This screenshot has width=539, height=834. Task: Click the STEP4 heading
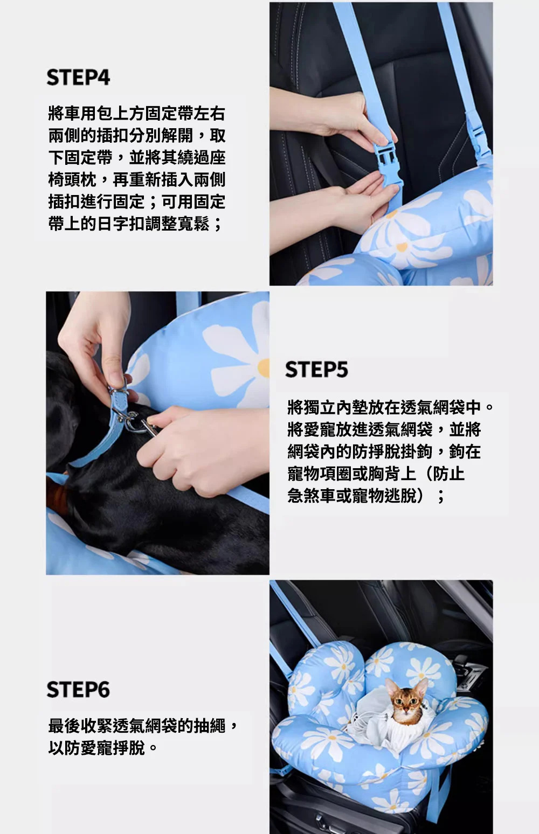[78, 78]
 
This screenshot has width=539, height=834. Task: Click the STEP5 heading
[316, 370]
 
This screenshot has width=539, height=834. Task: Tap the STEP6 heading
[78, 690]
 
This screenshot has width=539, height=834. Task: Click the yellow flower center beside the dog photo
[264, 368]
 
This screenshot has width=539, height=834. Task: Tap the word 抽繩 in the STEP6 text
[210, 726]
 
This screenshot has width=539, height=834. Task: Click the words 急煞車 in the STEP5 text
[312, 496]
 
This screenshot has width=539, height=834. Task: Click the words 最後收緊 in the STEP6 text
[80, 726]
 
